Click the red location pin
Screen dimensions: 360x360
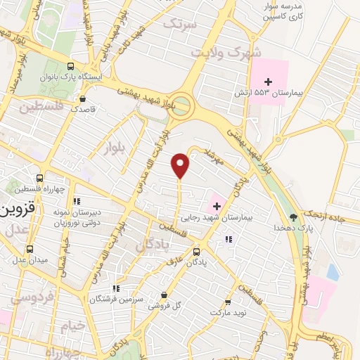pyautogui.click(x=181, y=165)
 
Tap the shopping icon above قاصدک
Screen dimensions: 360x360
pyautogui.click(x=83, y=99)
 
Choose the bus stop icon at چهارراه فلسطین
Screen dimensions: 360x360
pyautogui.click(x=39, y=178)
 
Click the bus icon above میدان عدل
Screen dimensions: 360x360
pyautogui.click(x=30, y=250)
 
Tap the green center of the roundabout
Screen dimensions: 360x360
pyautogui.click(x=182, y=107)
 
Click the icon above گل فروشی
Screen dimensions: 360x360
pyautogui.click(x=164, y=295)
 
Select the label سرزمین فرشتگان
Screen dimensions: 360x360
pyautogui.click(x=116, y=299)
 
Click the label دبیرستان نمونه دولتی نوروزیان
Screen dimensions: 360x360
pyautogui.click(x=78, y=217)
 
